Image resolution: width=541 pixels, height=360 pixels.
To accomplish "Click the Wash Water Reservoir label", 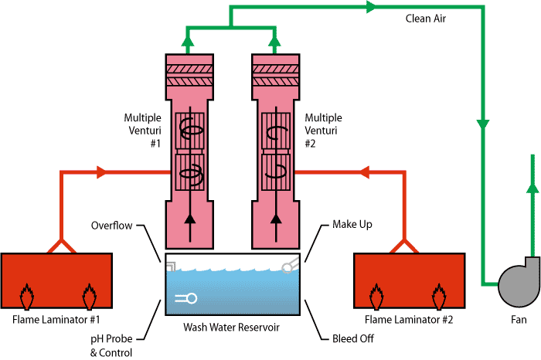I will [x=231, y=327].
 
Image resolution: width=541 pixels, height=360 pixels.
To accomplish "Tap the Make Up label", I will [x=352, y=225].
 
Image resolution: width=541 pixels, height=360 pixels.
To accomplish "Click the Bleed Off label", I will [x=349, y=337].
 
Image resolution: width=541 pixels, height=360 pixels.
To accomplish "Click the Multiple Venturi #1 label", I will [x=142, y=131].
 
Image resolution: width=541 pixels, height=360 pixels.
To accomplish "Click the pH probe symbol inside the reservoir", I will [x=186, y=298].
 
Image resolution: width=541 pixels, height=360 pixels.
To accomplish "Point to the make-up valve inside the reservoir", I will [x=289, y=266].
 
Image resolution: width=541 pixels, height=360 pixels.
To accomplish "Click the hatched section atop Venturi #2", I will [x=276, y=75].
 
